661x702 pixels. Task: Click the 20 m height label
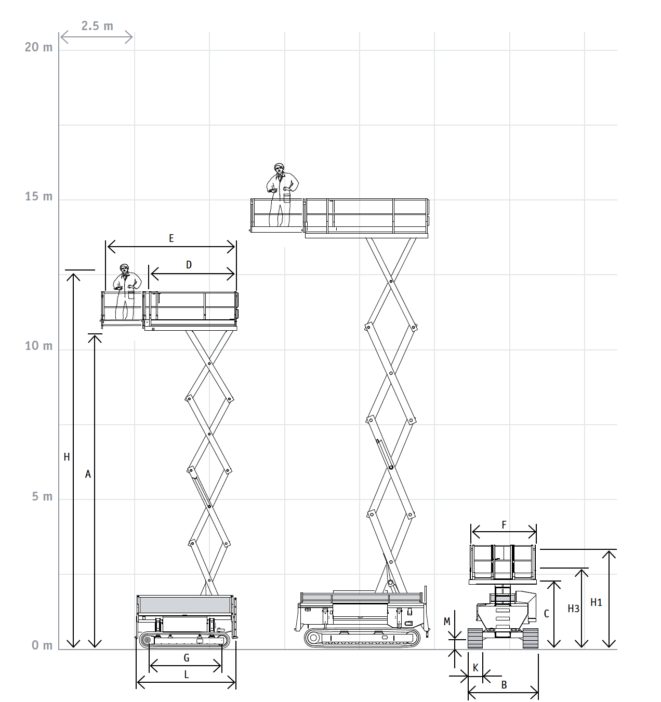coord(38,47)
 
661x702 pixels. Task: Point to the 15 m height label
coord(38,196)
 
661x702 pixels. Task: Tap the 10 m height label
coord(38,346)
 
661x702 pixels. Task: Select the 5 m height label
coord(42,496)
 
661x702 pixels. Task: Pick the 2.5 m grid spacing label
coord(97,26)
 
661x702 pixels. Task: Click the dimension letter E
coord(171,238)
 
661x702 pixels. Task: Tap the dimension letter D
coord(189,265)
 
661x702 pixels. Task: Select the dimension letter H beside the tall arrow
coord(67,457)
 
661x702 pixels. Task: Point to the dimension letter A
coord(88,474)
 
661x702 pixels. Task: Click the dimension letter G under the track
coord(187,658)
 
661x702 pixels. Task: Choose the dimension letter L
coord(187,674)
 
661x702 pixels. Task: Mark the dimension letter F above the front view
coord(504,525)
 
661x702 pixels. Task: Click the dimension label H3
coord(574,609)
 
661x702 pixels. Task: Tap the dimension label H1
coord(596,602)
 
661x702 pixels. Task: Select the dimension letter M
coord(447,621)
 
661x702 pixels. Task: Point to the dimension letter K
coord(475,668)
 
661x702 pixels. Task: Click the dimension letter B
coord(504,685)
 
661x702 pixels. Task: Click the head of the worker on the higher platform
coord(280,169)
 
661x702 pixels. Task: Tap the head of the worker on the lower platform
coord(124,268)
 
